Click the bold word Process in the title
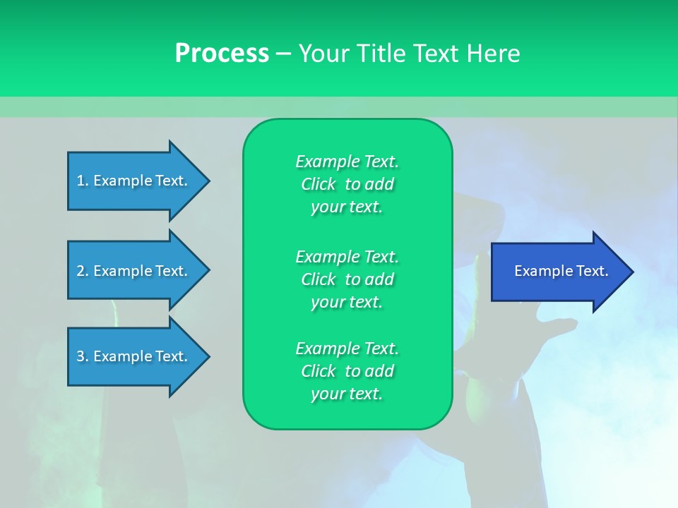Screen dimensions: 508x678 tap(222, 54)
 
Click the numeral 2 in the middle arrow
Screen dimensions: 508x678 tap(81, 271)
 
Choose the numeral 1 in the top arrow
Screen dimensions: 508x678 tap(81, 181)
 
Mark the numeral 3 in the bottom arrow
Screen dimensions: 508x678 tap(81, 356)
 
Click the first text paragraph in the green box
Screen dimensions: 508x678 tap(347, 184)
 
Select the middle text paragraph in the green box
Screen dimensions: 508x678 tap(347, 279)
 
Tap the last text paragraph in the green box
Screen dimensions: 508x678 tap(347, 371)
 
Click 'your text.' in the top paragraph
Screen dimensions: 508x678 tap(347, 207)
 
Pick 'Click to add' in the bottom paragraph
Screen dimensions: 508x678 tap(347, 371)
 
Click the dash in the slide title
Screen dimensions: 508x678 tap(283, 54)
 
